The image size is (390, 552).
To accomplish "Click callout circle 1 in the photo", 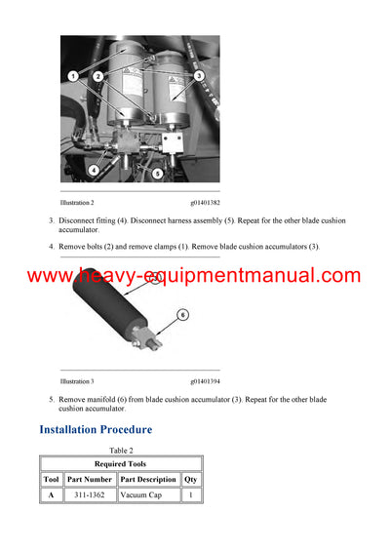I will pos(73,75).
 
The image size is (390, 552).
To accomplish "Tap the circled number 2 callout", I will pos(98,75).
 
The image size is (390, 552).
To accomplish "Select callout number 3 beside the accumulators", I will pos(199,75).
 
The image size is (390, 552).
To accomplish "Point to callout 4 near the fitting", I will pos(94,170).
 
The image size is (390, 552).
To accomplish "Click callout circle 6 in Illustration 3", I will pos(181,315).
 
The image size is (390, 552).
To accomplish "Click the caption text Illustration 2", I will pos(77,203).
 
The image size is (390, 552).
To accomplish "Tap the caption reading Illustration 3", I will pos(77,381).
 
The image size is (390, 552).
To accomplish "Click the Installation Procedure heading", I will pos(96,429).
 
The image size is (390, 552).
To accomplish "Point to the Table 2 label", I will pos(121,450).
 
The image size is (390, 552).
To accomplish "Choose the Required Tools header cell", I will pos(121,463).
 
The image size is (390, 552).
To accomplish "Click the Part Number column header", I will pos(90,479).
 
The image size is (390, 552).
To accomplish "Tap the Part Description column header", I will pos(148,479).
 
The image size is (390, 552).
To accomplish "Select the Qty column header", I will pos(191,479).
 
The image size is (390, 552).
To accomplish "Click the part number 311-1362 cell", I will pos(90,495).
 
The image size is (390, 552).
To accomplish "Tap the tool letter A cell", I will pos(51,495).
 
